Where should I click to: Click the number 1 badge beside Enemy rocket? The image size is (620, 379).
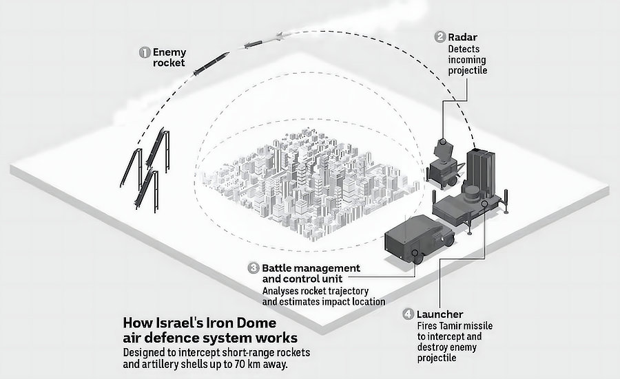145,52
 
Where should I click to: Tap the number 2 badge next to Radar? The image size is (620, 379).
440,37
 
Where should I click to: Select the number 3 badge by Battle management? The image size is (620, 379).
254,268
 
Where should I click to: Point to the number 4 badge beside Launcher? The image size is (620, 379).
409,314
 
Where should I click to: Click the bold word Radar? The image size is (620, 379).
463,37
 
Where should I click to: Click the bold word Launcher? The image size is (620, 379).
440,314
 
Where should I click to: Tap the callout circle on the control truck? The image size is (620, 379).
415,253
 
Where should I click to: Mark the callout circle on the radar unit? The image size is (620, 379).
443,142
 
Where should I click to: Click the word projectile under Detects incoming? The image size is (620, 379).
467,71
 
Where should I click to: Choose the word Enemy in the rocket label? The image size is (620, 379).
169,52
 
